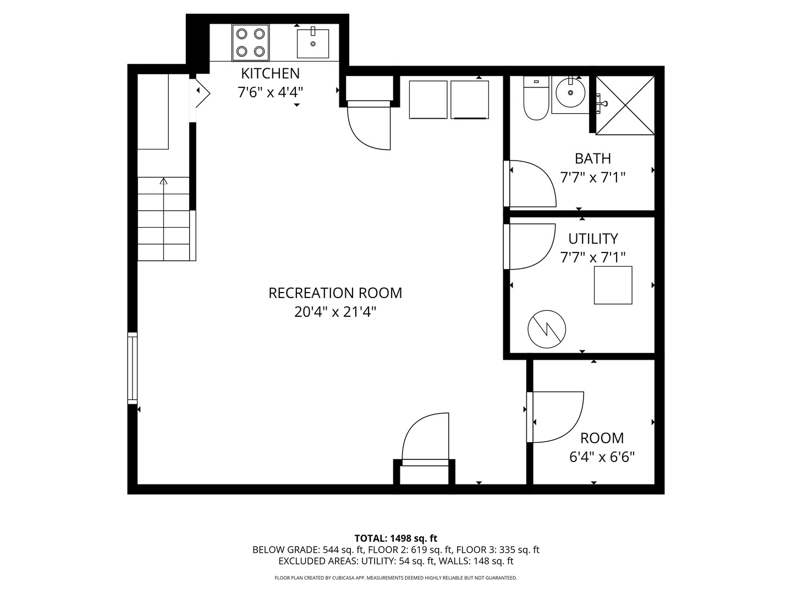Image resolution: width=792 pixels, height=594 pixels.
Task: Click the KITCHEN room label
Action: point(270,74)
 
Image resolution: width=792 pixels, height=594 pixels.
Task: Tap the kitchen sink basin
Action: point(313,43)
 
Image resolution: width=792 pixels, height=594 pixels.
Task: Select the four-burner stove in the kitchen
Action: point(250,42)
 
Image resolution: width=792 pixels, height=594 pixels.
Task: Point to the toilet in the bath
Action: point(536,98)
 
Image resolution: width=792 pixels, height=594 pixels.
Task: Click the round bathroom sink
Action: point(570,93)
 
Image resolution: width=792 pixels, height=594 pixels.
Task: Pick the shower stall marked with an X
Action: point(625,105)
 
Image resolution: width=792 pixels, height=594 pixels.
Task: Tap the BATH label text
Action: point(593,159)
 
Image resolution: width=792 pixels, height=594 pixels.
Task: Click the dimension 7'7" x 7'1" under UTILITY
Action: point(593,257)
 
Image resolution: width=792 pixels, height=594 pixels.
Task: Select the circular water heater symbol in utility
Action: point(547,329)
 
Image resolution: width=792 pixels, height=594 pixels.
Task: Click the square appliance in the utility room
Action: point(613,285)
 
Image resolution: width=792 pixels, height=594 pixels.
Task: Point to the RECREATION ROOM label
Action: point(335,293)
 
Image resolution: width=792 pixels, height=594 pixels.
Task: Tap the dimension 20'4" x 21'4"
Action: point(335,312)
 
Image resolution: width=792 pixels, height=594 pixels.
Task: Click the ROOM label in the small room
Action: point(602,438)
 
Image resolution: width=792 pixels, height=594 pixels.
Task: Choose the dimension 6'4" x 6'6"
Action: point(602,457)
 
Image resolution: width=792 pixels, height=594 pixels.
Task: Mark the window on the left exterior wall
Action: point(133,368)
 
